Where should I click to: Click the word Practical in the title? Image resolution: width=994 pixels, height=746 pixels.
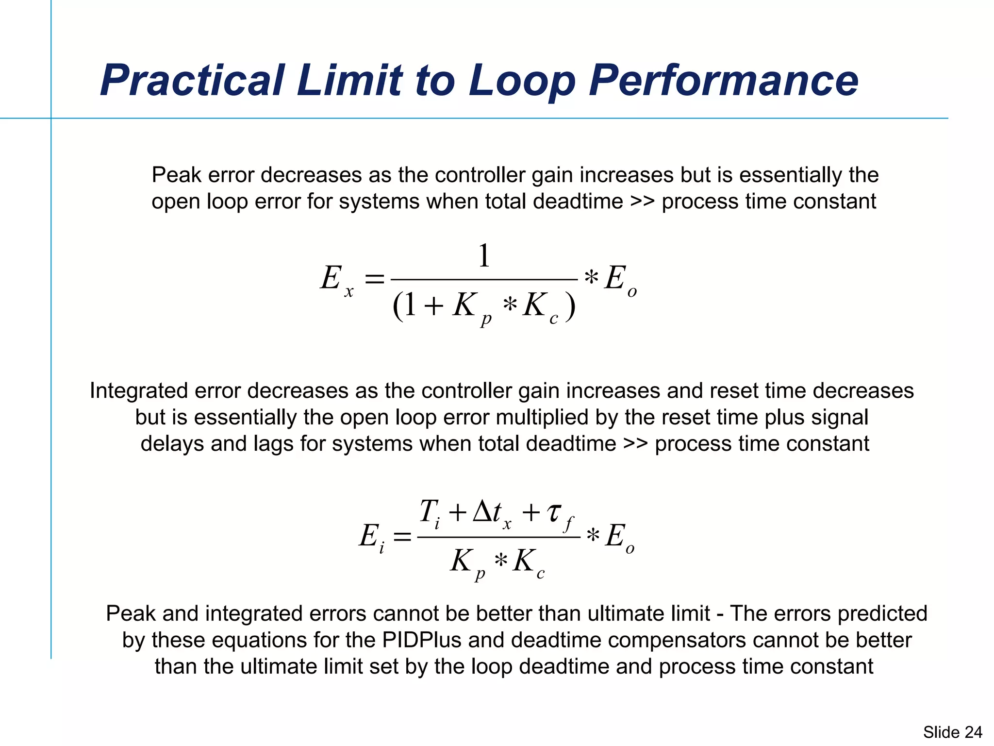pos(192,81)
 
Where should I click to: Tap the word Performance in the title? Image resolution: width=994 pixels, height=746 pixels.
pos(723,81)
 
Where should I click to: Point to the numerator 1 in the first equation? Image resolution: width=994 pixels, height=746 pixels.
pos(484,256)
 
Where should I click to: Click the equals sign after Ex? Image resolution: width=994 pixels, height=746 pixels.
pos(374,279)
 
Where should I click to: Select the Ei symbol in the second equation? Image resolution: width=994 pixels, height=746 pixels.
pos(372,538)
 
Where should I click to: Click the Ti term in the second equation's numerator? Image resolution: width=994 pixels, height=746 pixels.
pos(430,513)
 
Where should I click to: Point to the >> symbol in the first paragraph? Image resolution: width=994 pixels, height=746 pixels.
pos(642,202)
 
